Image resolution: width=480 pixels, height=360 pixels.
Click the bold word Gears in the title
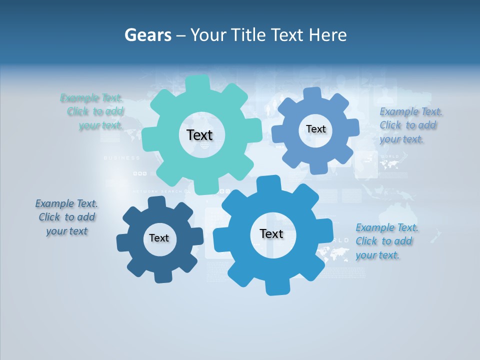(147, 35)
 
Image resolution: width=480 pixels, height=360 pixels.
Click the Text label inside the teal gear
(199, 135)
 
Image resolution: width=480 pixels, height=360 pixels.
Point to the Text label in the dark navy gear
(159, 238)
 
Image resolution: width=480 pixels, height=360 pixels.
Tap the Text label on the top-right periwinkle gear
(315, 129)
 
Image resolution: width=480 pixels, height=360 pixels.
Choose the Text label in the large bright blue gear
(271, 233)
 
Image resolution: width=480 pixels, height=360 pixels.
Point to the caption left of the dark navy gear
(66, 217)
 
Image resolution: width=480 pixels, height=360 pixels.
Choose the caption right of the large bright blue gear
(386, 241)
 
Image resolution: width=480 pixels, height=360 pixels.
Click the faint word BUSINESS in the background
(121, 158)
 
